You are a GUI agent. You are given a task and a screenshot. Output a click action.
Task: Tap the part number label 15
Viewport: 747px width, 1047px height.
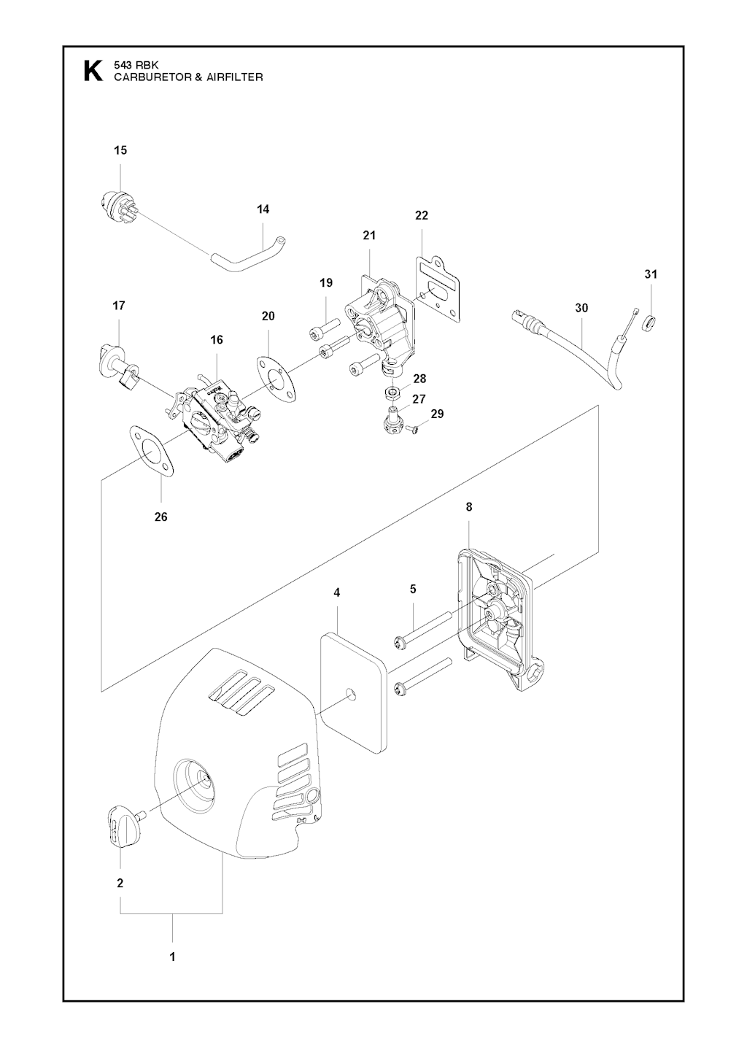coord(120,150)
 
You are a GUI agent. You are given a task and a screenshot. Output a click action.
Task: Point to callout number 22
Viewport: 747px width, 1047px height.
coord(422,215)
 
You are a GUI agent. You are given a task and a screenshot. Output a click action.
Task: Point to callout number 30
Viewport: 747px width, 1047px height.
coord(581,308)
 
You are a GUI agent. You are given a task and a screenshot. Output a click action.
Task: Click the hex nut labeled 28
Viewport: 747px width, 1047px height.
coord(392,395)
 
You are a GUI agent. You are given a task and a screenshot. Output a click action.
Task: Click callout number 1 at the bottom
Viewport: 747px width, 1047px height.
coord(173,957)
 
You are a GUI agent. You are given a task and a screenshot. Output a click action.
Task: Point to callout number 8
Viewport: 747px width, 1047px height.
coord(469,506)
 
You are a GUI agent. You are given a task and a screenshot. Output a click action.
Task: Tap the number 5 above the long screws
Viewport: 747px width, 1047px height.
coord(413,589)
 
